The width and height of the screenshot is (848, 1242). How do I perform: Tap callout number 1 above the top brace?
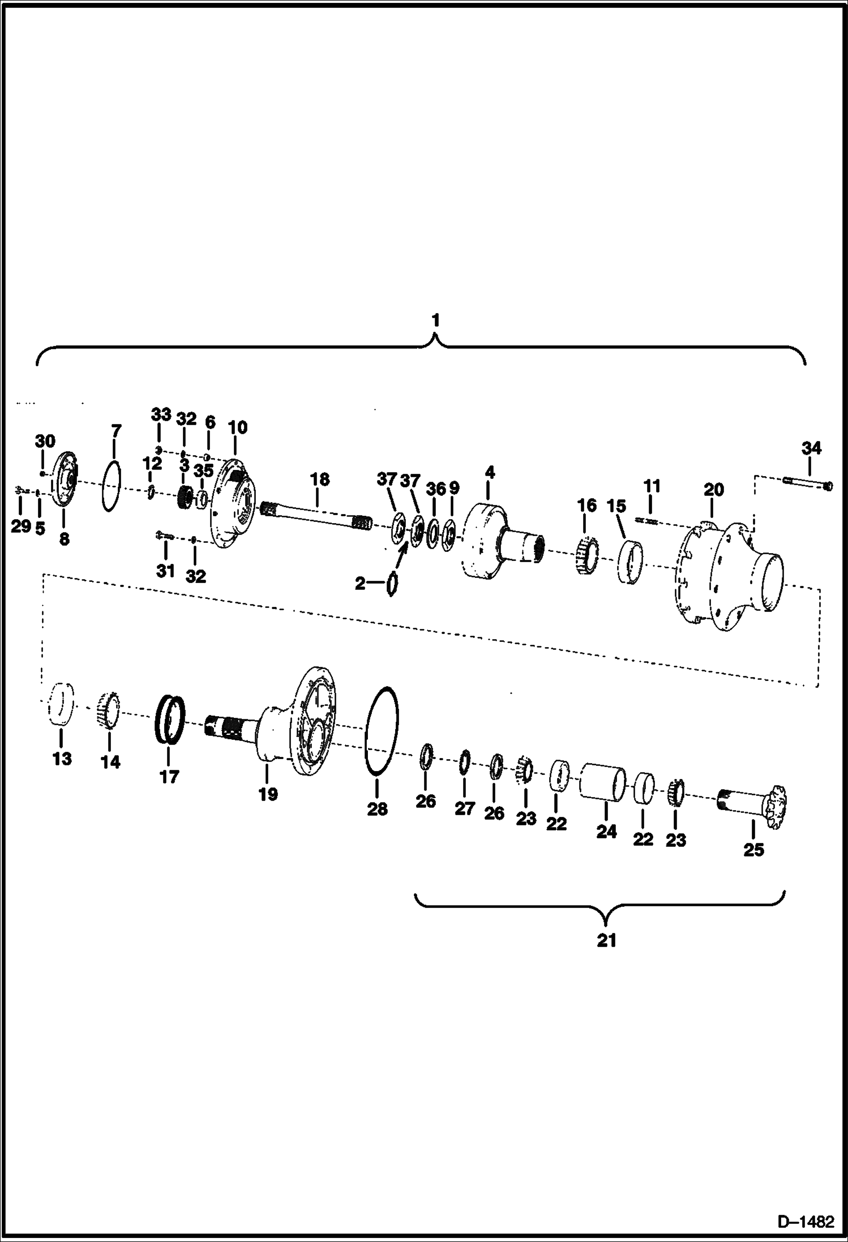pos(435,320)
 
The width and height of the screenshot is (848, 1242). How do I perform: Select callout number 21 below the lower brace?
pos(606,941)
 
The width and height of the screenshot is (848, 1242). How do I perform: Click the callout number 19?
pos(268,794)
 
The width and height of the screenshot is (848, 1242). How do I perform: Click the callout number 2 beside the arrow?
pos(361,583)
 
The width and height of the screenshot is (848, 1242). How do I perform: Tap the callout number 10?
pos(238,427)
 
